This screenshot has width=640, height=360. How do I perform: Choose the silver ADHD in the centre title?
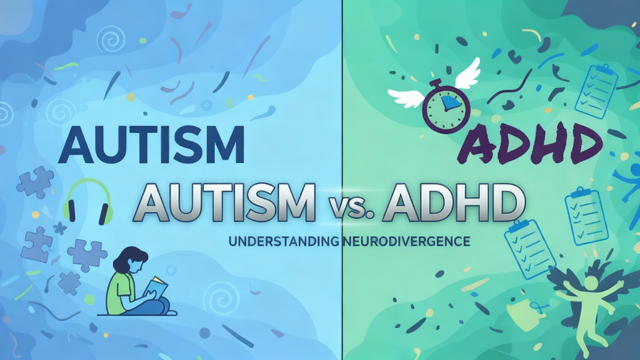pos(454,202)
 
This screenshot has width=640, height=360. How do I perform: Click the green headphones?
pos(88,200)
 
